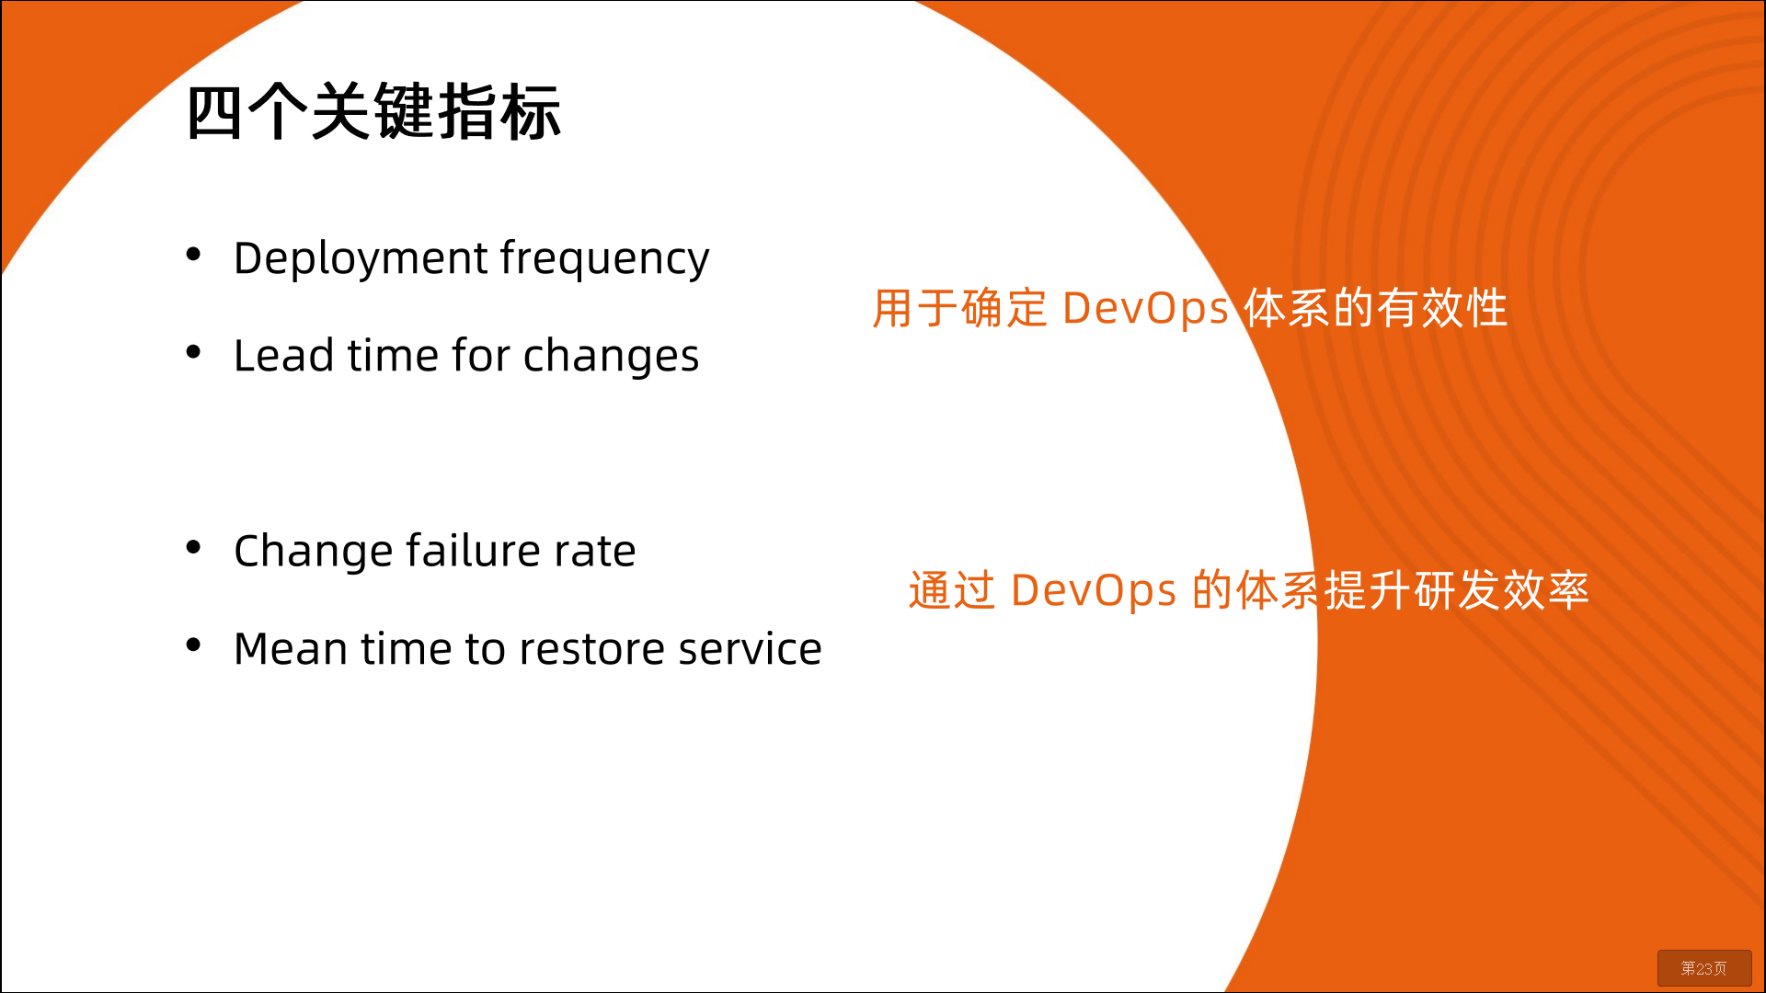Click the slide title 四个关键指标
[x=373, y=112]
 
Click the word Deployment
[x=361, y=259]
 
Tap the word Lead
[x=284, y=355]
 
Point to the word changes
[x=611, y=357]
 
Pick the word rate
[x=595, y=552]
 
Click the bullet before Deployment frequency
[x=193, y=254]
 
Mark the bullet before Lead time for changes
[x=193, y=351]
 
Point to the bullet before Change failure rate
[x=193, y=547]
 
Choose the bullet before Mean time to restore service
[x=193, y=645]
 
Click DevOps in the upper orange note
[x=1145, y=309]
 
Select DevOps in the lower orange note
[x=1094, y=591]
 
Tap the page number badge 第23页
[x=1704, y=968]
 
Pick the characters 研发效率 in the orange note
[x=1502, y=590]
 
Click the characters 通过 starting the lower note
[x=952, y=590]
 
